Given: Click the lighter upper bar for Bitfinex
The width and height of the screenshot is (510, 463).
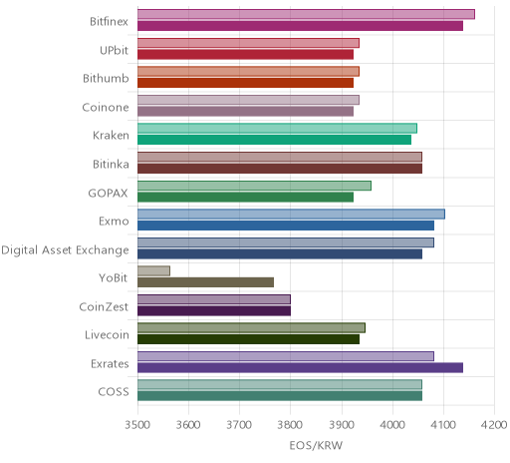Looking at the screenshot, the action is coord(306,14).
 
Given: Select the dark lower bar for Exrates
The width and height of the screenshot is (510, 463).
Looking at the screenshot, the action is coord(301,368).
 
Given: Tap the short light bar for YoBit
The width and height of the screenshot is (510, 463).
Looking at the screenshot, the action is coord(154,271).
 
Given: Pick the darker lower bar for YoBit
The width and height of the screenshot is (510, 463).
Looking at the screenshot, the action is coord(206,282).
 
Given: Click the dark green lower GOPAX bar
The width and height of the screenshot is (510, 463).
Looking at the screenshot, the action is coord(246,198).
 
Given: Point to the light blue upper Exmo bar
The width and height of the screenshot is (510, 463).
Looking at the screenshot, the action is coord(292,215).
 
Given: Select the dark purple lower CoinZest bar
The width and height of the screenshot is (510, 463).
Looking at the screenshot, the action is coord(214,311).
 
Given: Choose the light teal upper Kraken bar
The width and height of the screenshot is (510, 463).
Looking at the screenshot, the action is coord(278,129).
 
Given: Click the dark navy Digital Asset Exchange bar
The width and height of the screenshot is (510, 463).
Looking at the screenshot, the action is coord(280,254).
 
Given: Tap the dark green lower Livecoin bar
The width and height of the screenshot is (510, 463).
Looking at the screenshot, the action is coord(249,339).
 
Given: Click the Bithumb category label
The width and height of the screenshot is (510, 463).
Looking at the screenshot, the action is coord(106,79).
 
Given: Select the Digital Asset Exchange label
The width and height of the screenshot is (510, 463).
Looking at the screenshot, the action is coord(65,250).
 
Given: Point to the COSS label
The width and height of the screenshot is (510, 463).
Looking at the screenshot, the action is coord(114,392).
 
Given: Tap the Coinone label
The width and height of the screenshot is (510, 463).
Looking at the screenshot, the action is coord(106,107).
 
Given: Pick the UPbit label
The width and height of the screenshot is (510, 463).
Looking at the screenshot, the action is coord(114,50).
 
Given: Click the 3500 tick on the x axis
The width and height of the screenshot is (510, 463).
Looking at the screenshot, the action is coord(137,425).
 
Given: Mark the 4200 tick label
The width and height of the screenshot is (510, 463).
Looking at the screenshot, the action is coord(494,425).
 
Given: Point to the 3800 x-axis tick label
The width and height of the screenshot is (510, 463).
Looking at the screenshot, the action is coord(290,425).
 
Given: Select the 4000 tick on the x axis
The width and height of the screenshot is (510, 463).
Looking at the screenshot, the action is coord(392,425).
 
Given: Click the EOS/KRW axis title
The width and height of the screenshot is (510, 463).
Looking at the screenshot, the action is coord(316,445).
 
